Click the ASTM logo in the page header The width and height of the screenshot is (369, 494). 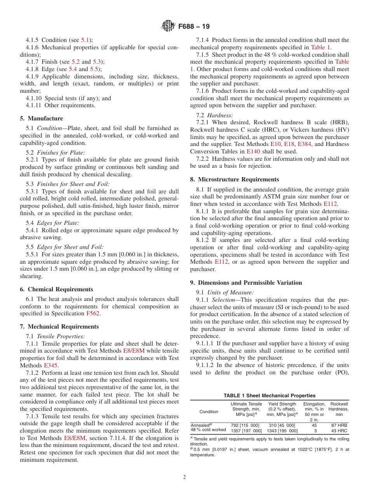pos(168,26)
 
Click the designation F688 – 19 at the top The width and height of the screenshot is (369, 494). pos(194,27)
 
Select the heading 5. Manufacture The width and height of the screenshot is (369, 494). pos(42,118)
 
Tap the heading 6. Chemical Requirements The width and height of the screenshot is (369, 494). pos(56,289)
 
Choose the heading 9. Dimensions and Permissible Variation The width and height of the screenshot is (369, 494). pos(246,283)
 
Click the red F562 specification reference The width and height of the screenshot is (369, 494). pos(92,314)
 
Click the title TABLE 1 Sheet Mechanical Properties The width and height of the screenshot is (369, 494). pos(269,396)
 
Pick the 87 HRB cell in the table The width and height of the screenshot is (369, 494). pos(338,425)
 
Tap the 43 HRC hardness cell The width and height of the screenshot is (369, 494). pos(338,431)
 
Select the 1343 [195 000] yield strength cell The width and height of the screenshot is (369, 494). pos(282,431)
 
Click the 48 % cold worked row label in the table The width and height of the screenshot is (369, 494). pos(208,430)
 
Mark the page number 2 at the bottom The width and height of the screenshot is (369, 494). pos(184,477)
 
